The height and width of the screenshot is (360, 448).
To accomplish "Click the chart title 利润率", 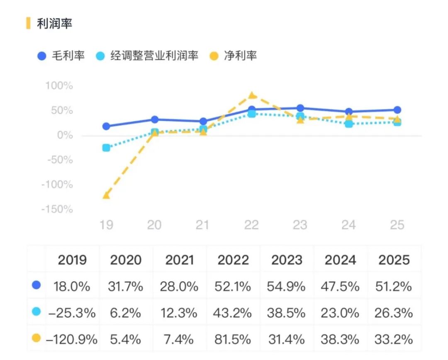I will pyautogui.click(x=54, y=24).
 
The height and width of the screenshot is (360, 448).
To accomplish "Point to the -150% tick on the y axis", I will pyautogui.click(x=57, y=209).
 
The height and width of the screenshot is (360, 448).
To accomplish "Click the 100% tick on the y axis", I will pyautogui.click(x=59, y=86).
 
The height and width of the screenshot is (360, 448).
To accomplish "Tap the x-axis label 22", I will pyautogui.click(x=251, y=225).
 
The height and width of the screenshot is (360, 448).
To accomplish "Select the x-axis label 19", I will pyautogui.click(x=106, y=225).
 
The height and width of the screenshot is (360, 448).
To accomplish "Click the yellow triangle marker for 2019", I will pyautogui.click(x=106, y=195).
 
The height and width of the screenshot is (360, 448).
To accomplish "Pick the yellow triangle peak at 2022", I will pyautogui.click(x=252, y=95).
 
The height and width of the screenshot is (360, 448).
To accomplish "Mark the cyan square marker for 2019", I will pyautogui.click(x=106, y=148).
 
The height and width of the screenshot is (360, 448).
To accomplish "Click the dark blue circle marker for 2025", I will pyautogui.click(x=397, y=110).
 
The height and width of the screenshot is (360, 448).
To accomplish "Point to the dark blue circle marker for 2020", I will pyautogui.click(x=155, y=119).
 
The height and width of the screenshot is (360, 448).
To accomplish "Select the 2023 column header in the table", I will pyautogui.click(x=287, y=260).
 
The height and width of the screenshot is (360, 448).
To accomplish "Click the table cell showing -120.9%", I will pyautogui.click(x=72, y=340).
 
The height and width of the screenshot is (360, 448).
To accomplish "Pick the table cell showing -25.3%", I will pyautogui.click(x=72, y=313).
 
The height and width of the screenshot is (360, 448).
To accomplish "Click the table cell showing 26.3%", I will pyautogui.click(x=395, y=313).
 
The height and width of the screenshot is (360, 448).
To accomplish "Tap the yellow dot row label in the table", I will pyautogui.click(x=37, y=339).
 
